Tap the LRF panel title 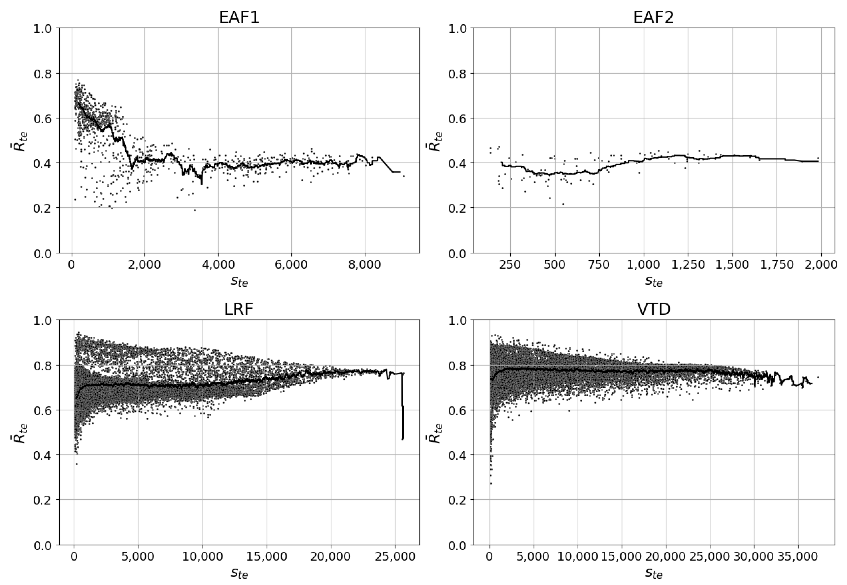(239, 309)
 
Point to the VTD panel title (654, 309)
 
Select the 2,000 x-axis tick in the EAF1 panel (145, 265)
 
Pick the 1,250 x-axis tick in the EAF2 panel (688, 265)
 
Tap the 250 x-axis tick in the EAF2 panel (510, 265)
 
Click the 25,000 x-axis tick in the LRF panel (395, 557)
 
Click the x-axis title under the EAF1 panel (239, 282)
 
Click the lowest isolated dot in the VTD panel (491, 483)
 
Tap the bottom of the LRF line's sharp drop (403, 439)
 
